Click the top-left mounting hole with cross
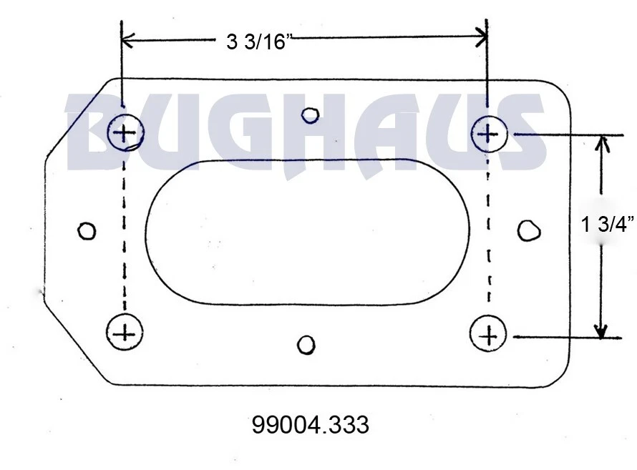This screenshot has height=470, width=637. [125, 132]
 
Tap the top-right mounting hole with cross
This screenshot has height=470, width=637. [489, 133]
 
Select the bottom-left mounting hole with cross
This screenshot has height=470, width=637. [125, 332]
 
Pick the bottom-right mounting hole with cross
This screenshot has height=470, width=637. [489, 334]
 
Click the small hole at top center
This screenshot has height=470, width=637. [310, 114]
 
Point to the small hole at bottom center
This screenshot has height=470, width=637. [306, 345]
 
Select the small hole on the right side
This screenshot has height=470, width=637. [529, 230]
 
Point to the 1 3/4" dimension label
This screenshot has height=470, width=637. [608, 225]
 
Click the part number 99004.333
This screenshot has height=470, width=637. [311, 426]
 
